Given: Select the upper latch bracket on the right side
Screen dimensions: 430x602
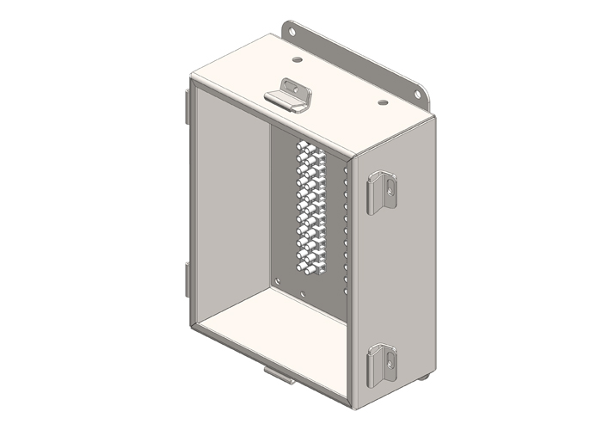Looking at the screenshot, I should click(x=382, y=193).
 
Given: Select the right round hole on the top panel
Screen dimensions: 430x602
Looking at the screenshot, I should click(x=383, y=102).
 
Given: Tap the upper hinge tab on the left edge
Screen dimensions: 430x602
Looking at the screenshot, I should click(x=187, y=103).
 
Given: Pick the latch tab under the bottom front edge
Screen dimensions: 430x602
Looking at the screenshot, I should click(x=277, y=375).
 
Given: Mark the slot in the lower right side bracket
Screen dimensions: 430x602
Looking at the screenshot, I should click(x=388, y=356).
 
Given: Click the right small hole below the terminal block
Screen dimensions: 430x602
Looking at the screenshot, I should click(x=304, y=292).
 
